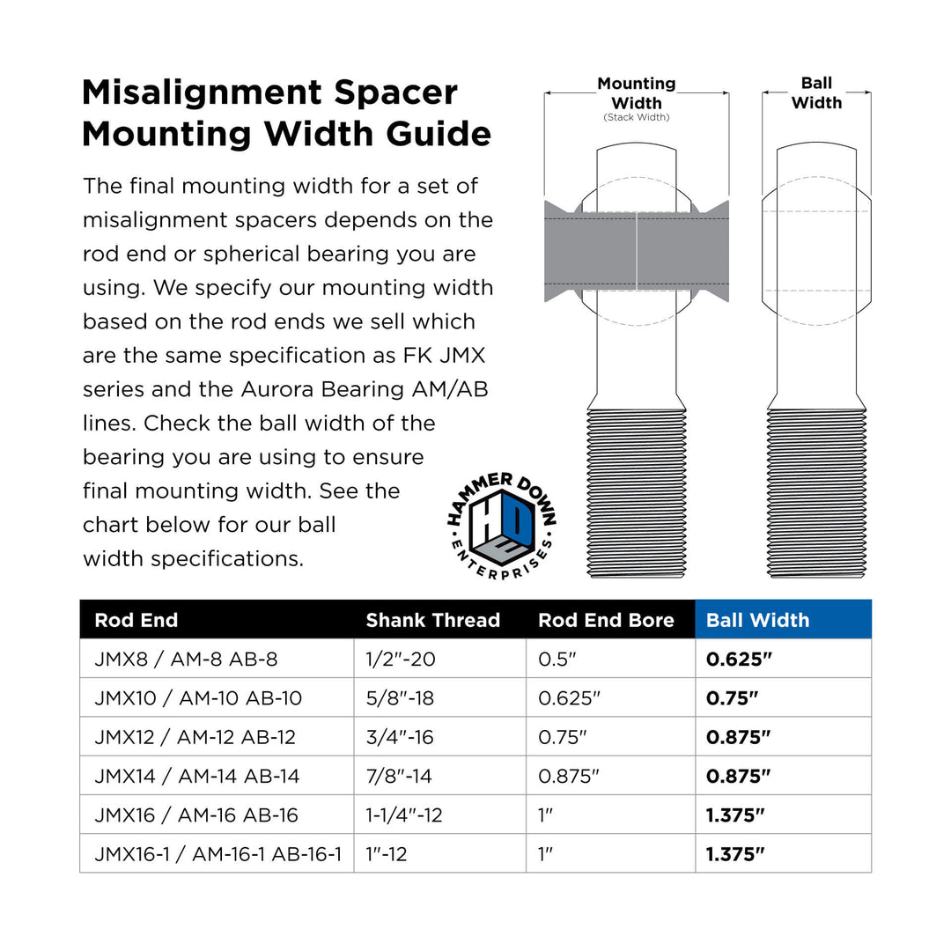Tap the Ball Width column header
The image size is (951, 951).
click(757, 620)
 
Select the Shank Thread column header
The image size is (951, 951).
click(432, 620)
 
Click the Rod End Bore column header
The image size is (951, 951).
click(606, 620)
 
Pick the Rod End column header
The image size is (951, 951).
click(136, 620)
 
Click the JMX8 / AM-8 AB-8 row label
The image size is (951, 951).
click(186, 659)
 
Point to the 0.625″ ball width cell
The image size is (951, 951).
click(738, 659)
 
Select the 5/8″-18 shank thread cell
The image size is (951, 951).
click(400, 698)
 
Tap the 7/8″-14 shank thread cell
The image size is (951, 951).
click(399, 776)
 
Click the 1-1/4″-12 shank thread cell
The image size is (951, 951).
click(404, 815)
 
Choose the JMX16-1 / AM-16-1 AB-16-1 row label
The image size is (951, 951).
click(217, 854)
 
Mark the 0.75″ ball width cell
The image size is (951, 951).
click(732, 698)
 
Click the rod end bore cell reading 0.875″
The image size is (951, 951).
click(569, 776)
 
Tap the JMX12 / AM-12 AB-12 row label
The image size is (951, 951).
click(195, 737)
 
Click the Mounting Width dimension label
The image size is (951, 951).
click(637, 93)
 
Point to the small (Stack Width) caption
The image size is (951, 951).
click(637, 117)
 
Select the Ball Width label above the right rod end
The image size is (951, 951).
click(816, 93)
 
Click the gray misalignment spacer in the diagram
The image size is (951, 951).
click(636, 251)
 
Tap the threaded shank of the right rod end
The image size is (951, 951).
click(816, 493)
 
